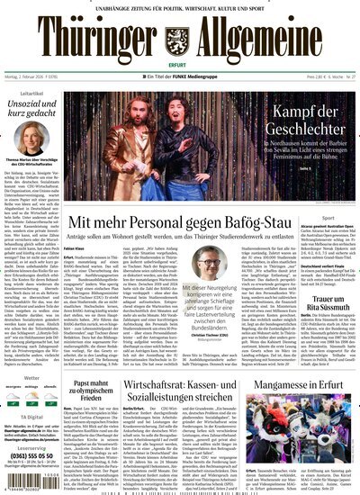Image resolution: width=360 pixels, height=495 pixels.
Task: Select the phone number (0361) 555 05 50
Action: (x=35, y=455)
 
